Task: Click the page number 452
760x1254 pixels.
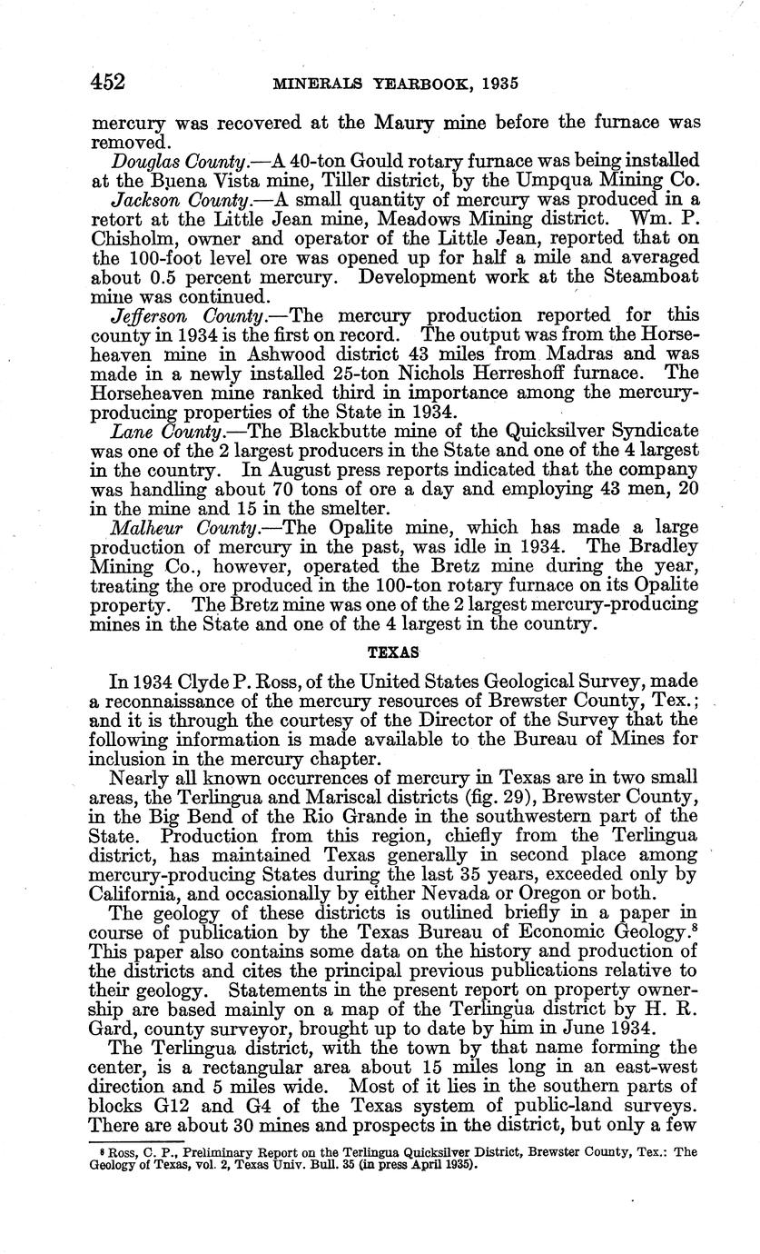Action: click(107, 83)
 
